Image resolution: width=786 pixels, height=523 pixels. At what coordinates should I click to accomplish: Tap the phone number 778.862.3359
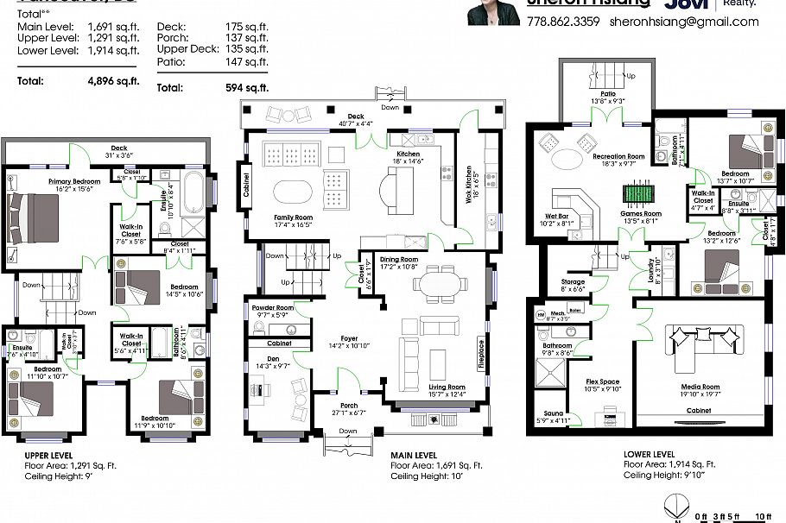coord(562,22)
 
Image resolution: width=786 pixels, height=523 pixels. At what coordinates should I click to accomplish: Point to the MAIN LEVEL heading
coord(413,455)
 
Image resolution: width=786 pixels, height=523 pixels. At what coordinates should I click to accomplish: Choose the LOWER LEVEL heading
coord(649,453)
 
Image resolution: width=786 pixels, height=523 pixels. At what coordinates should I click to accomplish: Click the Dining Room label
coord(399,259)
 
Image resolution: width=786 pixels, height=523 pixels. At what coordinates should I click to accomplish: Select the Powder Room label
coord(272,307)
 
